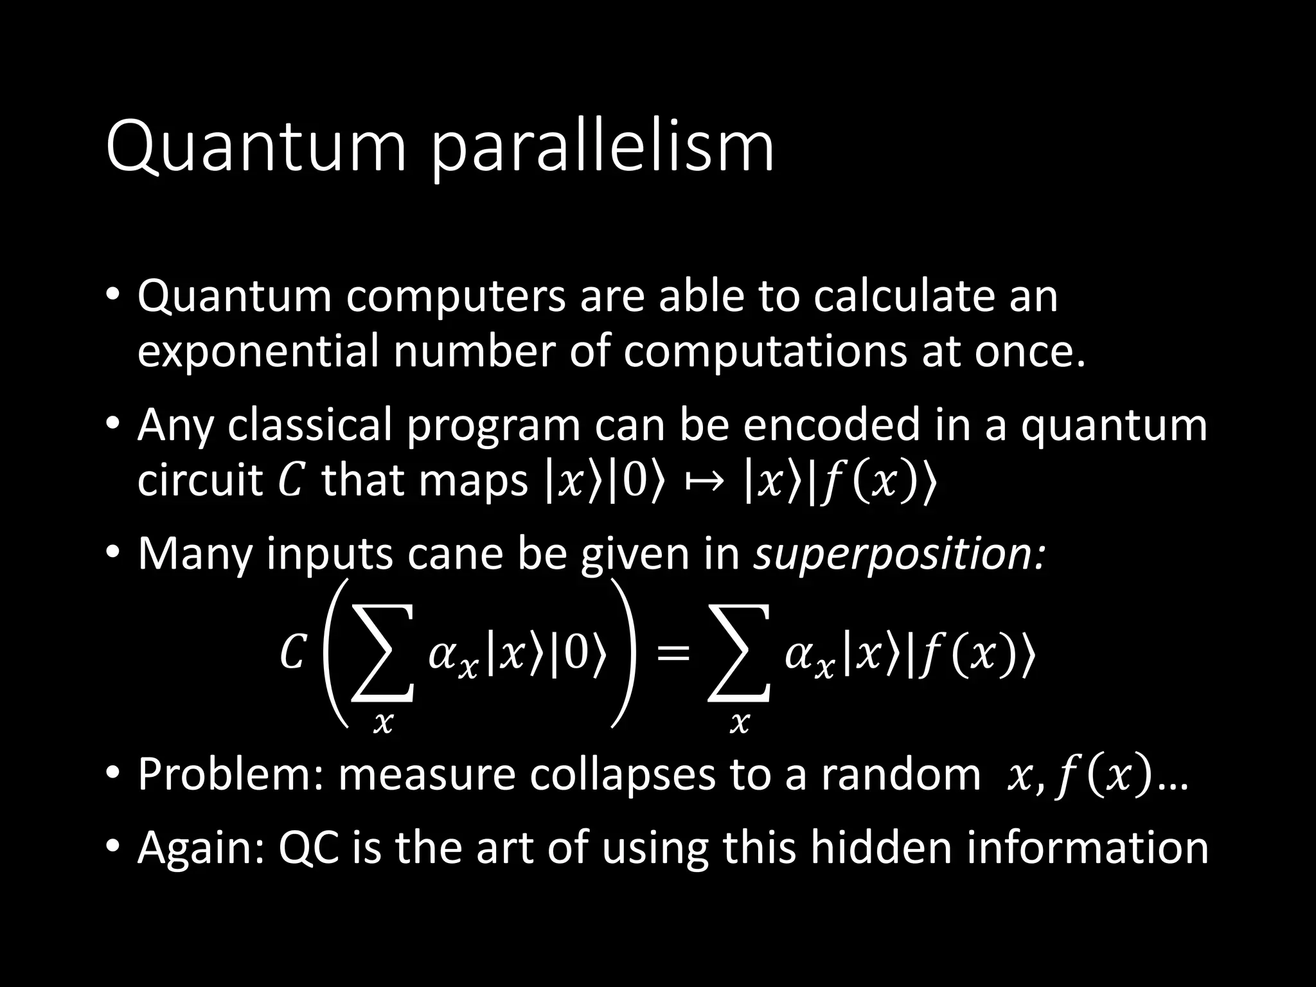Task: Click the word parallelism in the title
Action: click(x=603, y=149)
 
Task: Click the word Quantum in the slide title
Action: click(x=256, y=149)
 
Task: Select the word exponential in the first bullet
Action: click(x=257, y=351)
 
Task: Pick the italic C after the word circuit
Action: click(x=291, y=481)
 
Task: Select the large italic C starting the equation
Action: click(x=292, y=654)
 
